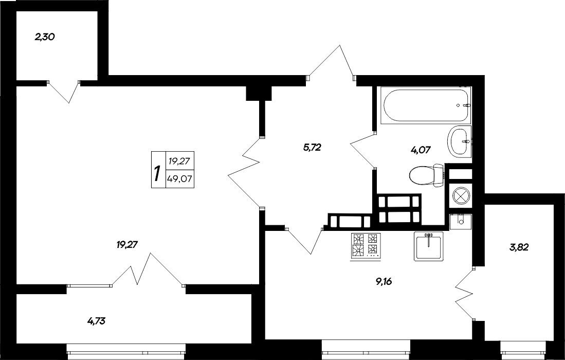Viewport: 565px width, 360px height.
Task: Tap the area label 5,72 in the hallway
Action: pyautogui.click(x=312, y=148)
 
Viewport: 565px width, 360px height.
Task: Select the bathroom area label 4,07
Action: pyautogui.click(x=420, y=150)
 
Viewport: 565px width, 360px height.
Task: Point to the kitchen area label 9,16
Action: pyautogui.click(x=388, y=281)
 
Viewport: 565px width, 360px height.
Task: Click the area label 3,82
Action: pyautogui.click(x=519, y=247)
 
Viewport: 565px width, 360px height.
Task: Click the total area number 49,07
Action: pyautogui.click(x=179, y=179)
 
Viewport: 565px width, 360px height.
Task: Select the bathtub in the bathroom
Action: pyautogui.click(x=426, y=105)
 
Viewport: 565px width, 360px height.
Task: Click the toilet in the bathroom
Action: pyautogui.click(x=427, y=175)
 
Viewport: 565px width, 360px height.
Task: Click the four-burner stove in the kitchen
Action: pyautogui.click(x=365, y=245)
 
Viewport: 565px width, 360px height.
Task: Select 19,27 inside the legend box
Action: pyautogui.click(x=179, y=161)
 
